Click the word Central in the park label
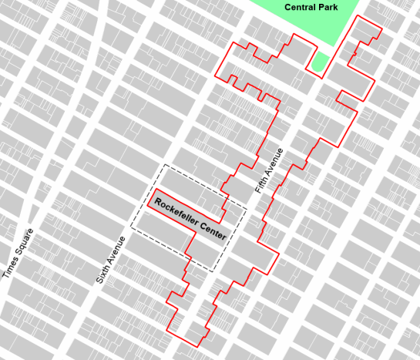click(x=301, y=7)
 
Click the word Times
click(x=11, y=265)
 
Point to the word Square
click(x=26, y=239)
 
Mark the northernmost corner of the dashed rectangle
click(x=165, y=164)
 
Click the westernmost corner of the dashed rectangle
click(x=131, y=228)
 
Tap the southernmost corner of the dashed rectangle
click(x=211, y=271)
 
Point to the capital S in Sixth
click(x=97, y=281)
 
